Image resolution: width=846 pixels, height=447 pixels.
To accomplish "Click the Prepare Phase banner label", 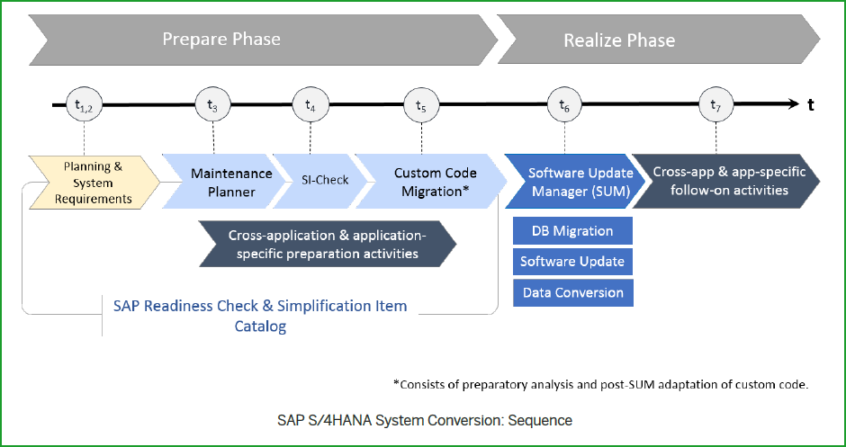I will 221,40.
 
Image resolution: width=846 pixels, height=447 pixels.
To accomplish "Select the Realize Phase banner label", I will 619,40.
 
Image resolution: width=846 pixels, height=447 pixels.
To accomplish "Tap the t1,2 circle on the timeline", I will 83,105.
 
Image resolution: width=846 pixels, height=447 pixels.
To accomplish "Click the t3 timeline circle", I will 212,105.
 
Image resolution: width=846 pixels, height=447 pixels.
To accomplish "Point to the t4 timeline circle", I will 310,105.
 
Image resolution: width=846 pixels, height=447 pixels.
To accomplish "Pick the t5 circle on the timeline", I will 421,105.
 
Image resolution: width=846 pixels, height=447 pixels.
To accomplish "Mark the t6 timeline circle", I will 564,105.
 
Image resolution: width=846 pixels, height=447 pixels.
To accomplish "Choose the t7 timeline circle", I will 715,105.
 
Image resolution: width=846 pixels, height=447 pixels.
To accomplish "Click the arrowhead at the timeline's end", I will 792,105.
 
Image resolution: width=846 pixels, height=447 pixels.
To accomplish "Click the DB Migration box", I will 572,231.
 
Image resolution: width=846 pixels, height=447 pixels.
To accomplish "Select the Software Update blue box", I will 572,262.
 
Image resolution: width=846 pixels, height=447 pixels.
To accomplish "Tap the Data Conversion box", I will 572,292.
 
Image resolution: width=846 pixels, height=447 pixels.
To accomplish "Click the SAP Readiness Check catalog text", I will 260,316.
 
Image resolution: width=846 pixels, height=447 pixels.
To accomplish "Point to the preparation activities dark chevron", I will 328,245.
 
